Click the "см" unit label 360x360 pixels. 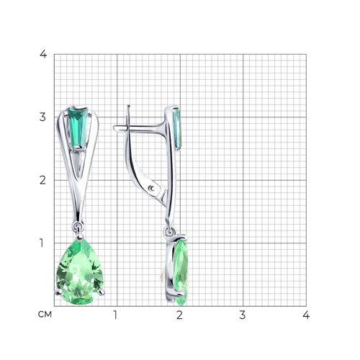click(x=45, y=314)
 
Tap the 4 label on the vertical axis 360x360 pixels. click(x=43, y=54)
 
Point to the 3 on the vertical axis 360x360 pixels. click(x=42, y=117)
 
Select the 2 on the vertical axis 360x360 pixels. click(x=42, y=180)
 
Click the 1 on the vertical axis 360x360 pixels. click(x=42, y=243)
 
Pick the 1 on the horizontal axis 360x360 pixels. click(x=115, y=315)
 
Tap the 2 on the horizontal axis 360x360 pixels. click(x=179, y=315)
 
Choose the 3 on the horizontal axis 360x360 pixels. click(x=243, y=315)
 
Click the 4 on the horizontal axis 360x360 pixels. click(x=306, y=315)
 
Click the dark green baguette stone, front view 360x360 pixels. click(x=78, y=127)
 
